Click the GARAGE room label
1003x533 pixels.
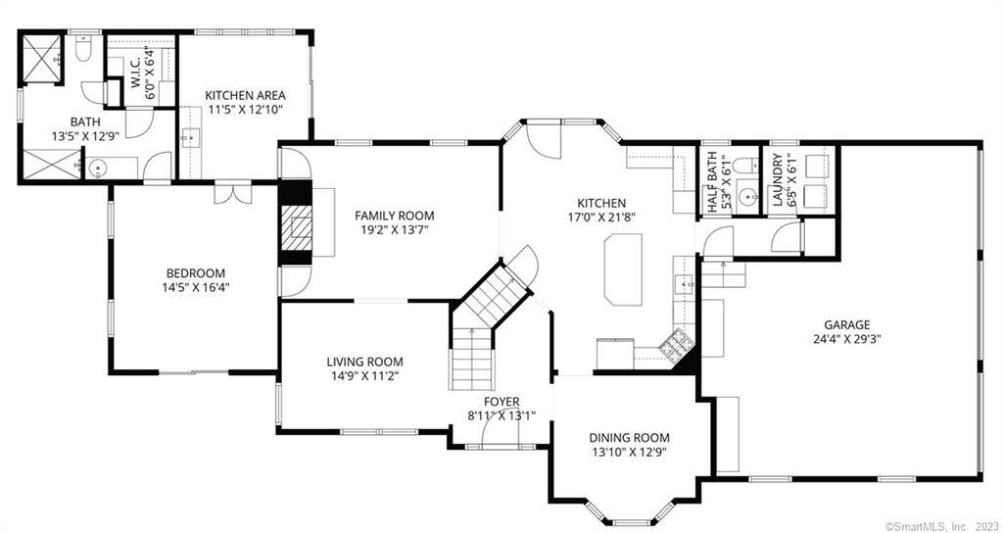point(846,324)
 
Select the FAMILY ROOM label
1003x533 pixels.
point(395,216)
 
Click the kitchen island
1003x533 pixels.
point(623,268)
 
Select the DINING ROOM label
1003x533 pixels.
point(630,438)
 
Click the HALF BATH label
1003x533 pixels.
point(712,183)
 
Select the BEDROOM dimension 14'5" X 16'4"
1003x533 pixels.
point(195,287)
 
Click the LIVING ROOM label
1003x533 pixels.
point(365,363)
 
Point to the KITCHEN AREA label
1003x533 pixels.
point(245,96)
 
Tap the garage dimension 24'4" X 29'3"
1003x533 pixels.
point(846,339)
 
